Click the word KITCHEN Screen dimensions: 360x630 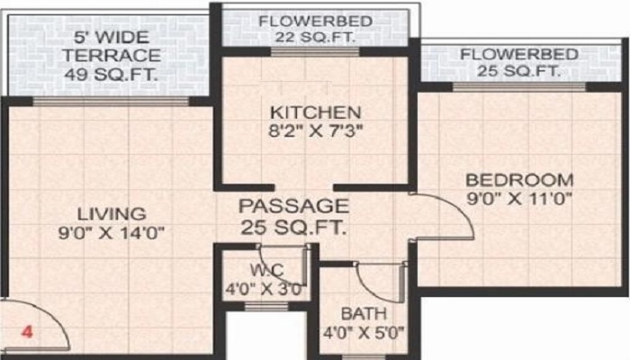click(x=316, y=113)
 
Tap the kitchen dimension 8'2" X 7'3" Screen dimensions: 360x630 click(x=316, y=132)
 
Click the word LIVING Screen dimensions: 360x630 click(x=112, y=214)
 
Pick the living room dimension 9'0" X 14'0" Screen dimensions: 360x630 click(x=112, y=233)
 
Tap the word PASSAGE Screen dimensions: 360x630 click(x=293, y=206)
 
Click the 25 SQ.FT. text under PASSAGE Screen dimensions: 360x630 click(x=293, y=227)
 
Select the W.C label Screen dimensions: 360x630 click(x=265, y=271)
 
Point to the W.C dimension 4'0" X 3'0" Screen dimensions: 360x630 click(x=265, y=290)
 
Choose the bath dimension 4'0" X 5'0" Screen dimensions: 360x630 click(x=364, y=332)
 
